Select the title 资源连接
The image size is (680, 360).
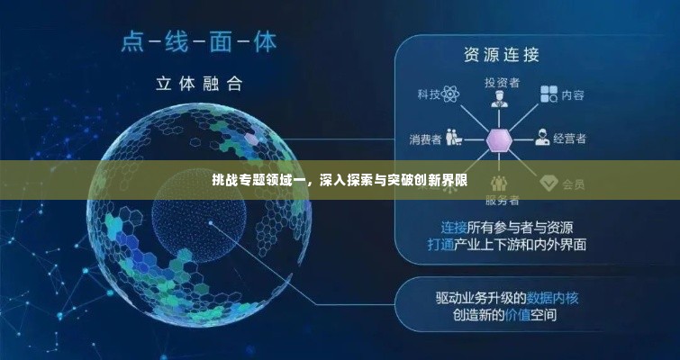pyautogui.click(x=502, y=55)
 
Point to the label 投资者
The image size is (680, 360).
pyautogui.click(x=502, y=82)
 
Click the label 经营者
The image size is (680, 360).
pyautogui.click(x=570, y=139)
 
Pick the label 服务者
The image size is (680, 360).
pyautogui.click(x=502, y=199)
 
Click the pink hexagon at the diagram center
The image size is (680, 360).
pyautogui.click(x=499, y=139)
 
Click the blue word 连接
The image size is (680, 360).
pyautogui.click(x=453, y=226)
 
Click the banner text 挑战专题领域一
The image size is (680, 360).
pyautogui.click(x=258, y=180)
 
